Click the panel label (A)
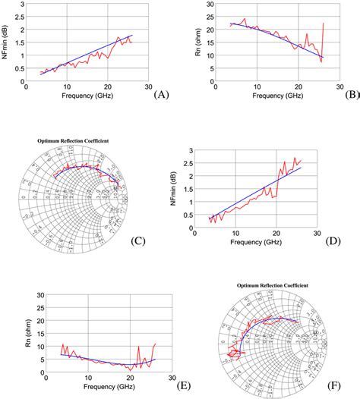tap(160, 95)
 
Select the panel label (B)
tap(352, 95)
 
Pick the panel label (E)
tap(183, 384)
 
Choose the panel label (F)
tap(335, 385)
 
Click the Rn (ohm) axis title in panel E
tap(10, 331)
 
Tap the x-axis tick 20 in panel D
tap(277, 232)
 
